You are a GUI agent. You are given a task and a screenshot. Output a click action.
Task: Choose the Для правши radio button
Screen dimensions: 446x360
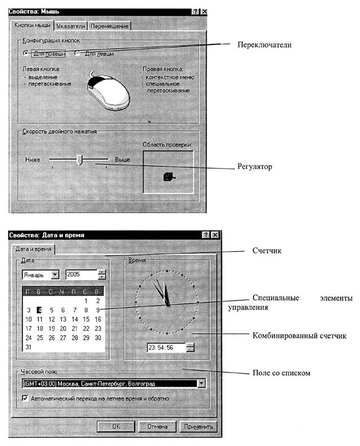coord(26,54)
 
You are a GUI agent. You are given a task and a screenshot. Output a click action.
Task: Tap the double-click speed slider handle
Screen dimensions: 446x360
coord(79,160)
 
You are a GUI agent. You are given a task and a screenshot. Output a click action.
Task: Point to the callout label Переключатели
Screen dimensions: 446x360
coord(264,43)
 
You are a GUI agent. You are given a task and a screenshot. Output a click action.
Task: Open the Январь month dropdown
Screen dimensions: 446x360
coord(55,275)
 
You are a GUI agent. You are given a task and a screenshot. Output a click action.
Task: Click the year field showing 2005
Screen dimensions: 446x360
coord(81,275)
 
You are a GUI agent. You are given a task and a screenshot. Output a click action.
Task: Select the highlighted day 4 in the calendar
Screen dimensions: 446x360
coord(40,310)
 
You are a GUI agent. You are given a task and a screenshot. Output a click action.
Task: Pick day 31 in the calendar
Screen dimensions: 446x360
coord(29,347)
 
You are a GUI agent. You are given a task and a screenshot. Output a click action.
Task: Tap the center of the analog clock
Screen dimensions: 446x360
coord(167,304)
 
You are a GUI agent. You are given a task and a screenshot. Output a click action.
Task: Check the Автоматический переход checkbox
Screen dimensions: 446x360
coord(26,398)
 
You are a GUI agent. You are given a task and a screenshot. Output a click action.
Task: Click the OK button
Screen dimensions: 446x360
coord(115,427)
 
